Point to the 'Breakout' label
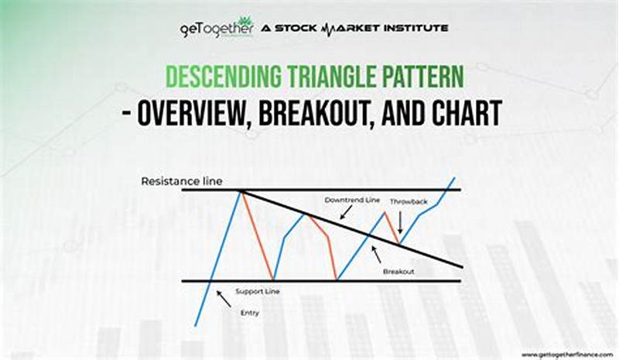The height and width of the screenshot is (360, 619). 398,272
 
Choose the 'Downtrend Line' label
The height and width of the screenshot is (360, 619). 352,201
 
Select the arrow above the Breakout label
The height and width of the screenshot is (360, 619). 375,253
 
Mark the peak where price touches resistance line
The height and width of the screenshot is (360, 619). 240,190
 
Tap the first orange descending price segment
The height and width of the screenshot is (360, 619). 256,235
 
